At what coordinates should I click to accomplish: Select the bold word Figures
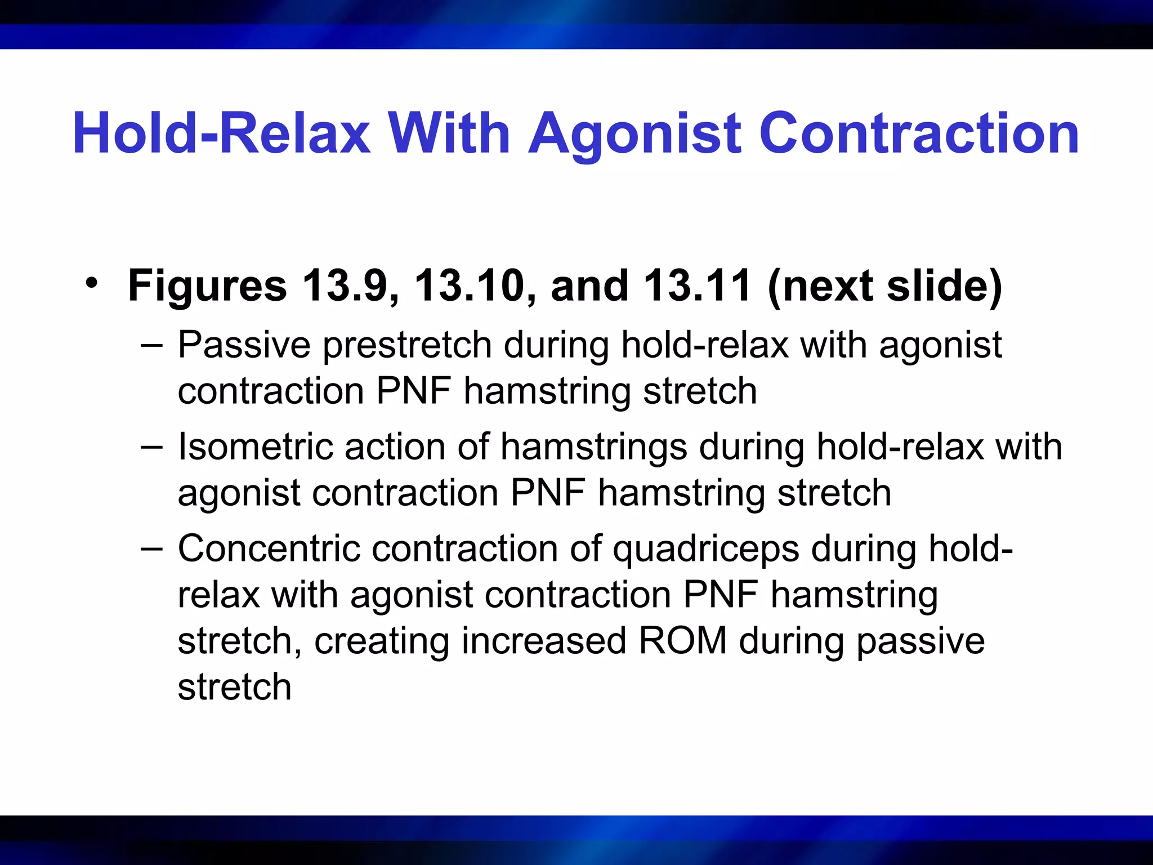[207, 286]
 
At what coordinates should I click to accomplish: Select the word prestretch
[407, 346]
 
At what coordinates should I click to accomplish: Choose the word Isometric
[255, 447]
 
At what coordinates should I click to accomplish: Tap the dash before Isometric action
[151, 446]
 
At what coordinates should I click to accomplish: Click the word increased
[544, 641]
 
